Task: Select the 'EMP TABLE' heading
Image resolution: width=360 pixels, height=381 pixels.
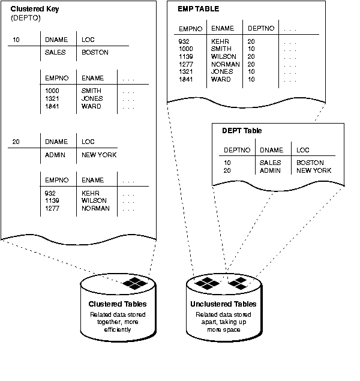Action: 198,10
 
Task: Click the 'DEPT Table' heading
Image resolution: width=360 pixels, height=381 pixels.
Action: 242,130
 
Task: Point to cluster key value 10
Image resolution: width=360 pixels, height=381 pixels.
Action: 16,40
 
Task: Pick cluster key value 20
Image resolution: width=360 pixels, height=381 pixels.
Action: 16,142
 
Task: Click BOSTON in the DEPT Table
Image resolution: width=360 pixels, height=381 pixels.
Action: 310,163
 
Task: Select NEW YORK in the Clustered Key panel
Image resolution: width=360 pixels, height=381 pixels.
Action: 99,155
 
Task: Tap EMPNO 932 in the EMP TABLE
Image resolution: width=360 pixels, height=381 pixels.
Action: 184,41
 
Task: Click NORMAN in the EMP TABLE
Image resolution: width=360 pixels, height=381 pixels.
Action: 226,64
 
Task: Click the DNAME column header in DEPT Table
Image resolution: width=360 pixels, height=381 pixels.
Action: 270,149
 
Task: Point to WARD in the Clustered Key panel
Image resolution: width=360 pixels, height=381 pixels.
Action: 91,106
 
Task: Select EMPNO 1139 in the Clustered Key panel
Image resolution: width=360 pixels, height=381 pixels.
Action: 52,200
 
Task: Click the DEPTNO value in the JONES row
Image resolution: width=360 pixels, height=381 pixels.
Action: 251,71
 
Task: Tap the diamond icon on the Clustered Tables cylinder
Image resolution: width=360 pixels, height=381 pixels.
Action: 134,283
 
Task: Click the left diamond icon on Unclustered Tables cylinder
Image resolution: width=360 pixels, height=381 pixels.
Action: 211,283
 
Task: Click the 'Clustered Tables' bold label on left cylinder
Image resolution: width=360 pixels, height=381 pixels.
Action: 118,305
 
